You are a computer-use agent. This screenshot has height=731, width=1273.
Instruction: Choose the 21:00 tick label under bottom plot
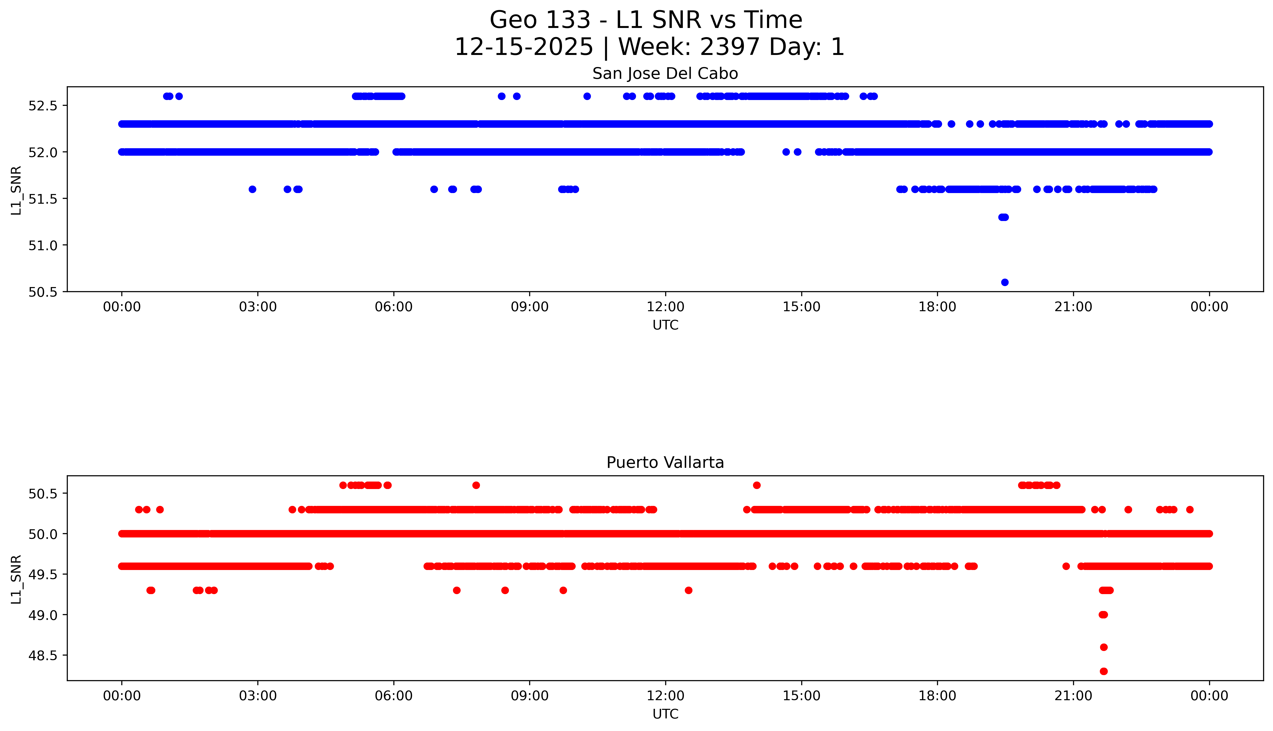click(1073, 696)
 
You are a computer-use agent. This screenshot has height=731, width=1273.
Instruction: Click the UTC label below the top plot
click(665, 325)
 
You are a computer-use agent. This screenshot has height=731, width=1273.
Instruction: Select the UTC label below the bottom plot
click(665, 714)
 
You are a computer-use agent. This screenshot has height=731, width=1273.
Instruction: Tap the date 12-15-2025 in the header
click(523, 47)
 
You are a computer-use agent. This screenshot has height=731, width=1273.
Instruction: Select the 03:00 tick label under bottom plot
click(258, 696)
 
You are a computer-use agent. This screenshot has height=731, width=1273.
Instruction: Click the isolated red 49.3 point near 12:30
click(688, 590)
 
